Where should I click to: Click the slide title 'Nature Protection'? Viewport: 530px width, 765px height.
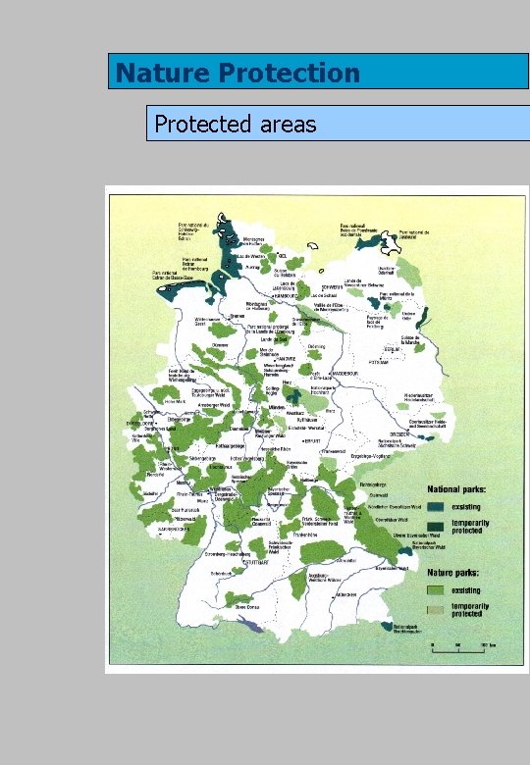click(x=238, y=73)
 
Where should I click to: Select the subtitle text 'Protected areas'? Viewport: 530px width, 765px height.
click(x=236, y=124)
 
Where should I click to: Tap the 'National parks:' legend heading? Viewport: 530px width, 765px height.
click(x=462, y=488)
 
